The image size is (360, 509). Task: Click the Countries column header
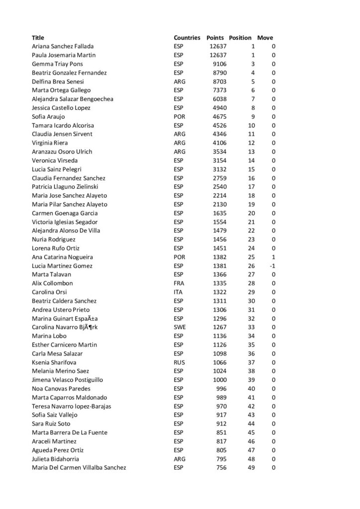[x=187, y=38]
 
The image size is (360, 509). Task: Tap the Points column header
[x=215, y=38]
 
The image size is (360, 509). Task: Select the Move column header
[x=265, y=38]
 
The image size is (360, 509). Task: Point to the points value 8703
[x=219, y=82]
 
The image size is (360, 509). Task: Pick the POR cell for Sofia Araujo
[x=180, y=117]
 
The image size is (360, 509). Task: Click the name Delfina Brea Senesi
[x=58, y=82]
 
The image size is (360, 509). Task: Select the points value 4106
[x=219, y=143]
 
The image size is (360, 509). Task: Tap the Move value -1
[x=272, y=266]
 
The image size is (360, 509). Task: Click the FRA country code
[x=179, y=283]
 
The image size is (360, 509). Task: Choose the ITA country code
[x=179, y=292]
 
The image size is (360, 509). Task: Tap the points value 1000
[x=219, y=380]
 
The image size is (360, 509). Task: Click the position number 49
[x=251, y=468]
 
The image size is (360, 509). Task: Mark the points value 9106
[x=219, y=64]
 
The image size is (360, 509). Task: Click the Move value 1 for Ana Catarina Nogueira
[x=273, y=257]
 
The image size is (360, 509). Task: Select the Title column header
[x=38, y=38]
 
